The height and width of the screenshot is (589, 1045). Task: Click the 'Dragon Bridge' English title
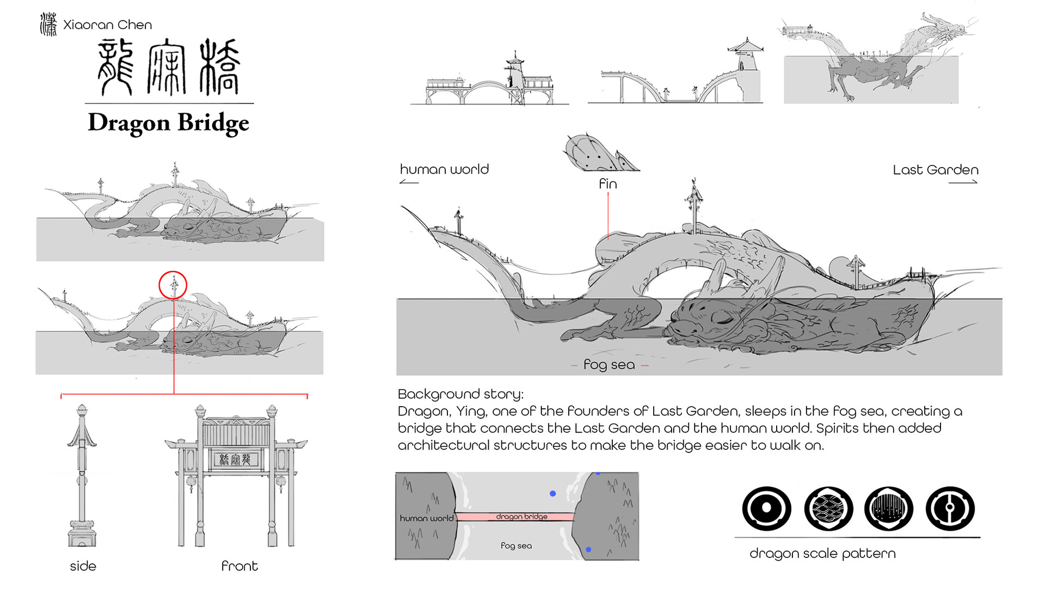168,122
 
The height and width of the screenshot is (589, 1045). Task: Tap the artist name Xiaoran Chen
107,25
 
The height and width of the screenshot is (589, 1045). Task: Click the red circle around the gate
173,285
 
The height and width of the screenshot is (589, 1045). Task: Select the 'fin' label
607,184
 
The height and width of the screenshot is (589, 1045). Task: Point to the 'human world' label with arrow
444,170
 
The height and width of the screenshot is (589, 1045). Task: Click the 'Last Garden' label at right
935,170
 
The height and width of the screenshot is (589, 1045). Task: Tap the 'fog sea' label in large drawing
609,365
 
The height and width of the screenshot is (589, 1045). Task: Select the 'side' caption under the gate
83,566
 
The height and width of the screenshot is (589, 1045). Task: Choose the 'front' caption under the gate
239,566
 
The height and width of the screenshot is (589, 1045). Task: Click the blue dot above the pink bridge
552,494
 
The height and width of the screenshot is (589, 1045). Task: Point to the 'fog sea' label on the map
516,545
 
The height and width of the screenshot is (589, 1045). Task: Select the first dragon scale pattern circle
766,508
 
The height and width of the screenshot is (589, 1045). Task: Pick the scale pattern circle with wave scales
828,508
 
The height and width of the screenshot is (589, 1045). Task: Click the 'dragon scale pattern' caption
822,554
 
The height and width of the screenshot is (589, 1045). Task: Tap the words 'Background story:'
460,394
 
